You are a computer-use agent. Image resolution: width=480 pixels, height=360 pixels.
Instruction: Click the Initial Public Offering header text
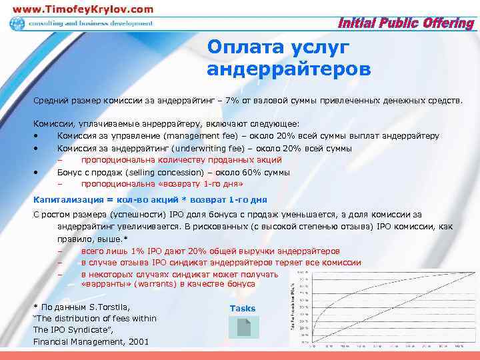[407, 24]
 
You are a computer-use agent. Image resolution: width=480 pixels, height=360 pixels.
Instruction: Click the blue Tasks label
[243, 309]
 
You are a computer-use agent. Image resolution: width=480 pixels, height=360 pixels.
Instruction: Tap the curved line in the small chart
[347, 294]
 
